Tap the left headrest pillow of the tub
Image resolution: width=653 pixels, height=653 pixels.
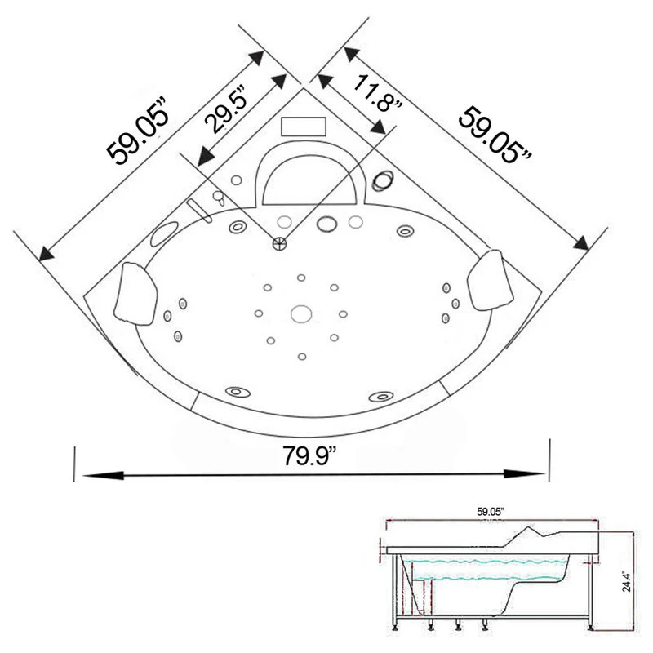point(133,291)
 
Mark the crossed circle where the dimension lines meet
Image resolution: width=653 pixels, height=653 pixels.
point(281,242)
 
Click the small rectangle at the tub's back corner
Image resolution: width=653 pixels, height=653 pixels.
point(304,126)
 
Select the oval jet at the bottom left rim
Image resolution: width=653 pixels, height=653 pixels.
point(239,393)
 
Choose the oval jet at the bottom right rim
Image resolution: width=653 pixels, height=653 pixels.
point(380,396)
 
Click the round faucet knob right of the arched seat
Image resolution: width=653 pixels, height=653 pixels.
point(382,181)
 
